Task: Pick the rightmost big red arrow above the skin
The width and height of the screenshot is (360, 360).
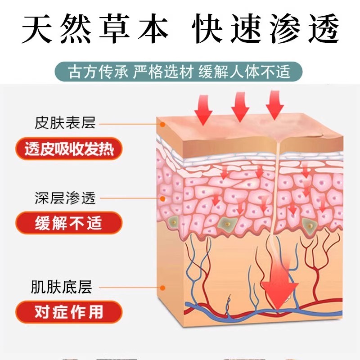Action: click(x=275, y=105)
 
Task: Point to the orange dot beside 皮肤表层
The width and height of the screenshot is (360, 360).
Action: click(x=161, y=122)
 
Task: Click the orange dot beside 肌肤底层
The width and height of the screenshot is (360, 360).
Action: click(x=162, y=287)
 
